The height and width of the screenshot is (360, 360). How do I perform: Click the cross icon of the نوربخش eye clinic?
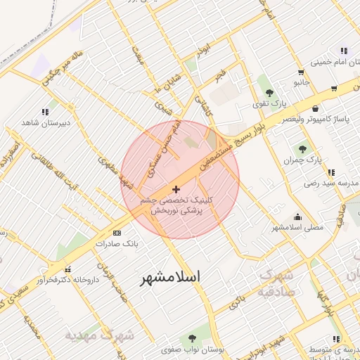click(x=176, y=188)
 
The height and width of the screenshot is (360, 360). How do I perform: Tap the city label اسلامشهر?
click(x=169, y=277)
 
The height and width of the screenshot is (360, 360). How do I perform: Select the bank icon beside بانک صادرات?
click(x=117, y=233)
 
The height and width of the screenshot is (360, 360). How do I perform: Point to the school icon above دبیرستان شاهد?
click(x=45, y=112)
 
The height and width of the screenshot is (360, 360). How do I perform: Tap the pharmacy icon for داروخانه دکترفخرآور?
click(x=67, y=269)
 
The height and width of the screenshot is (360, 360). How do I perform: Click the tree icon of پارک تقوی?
click(x=269, y=93)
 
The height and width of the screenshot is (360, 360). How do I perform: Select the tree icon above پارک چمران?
click(x=303, y=149)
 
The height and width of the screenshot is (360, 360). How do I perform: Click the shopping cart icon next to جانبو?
click(x=301, y=72)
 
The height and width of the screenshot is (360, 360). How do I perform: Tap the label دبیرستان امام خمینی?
click(x=330, y=62)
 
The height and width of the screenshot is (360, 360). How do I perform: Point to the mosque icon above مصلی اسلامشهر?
click(x=298, y=217)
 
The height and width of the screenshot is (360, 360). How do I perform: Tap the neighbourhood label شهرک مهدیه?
click(x=100, y=335)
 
